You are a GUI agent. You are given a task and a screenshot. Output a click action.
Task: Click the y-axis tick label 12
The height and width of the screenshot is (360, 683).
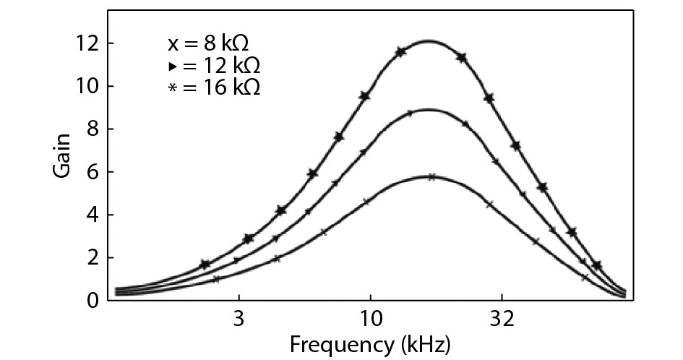pyautogui.click(x=90, y=43)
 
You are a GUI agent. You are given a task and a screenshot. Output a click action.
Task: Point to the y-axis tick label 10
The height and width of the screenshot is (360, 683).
pyautogui.click(x=90, y=86)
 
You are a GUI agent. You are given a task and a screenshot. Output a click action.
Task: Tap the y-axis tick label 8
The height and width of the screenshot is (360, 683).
pyautogui.click(x=95, y=129)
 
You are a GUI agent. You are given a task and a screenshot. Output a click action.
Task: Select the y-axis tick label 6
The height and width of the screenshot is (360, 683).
pyautogui.click(x=95, y=172)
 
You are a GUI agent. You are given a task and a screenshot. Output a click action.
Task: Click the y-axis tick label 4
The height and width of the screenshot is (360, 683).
pyautogui.click(x=95, y=215)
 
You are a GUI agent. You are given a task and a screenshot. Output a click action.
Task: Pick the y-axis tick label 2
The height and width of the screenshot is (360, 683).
pyautogui.click(x=95, y=257)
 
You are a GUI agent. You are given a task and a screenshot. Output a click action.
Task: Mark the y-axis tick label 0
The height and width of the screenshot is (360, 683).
pyautogui.click(x=95, y=300)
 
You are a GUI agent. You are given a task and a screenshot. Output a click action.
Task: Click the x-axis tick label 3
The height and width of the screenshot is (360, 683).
pyautogui.click(x=239, y=319)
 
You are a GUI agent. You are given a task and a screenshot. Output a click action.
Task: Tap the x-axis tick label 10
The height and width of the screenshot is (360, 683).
pyautogui.click(x=370, y=319)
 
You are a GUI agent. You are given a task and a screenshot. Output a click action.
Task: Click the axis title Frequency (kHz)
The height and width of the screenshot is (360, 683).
pyautogui.click(x=370, y=343)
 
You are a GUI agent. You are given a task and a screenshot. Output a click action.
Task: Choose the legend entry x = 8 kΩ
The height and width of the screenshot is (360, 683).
pyautogui.click(x=209, y=43)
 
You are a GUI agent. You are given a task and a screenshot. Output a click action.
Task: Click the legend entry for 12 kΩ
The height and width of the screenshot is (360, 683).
pyautogui.click(x=212, y=66)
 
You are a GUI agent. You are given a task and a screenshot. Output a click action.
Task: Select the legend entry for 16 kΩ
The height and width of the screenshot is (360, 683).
pyautogui.click(x=212, y=87)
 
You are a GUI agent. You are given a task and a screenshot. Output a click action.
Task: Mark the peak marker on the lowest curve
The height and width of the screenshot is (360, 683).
pyautogui.click(x=431, y=176)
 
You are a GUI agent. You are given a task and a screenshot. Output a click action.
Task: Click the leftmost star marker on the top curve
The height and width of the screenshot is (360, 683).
pyautogui.click(x=205, y=265)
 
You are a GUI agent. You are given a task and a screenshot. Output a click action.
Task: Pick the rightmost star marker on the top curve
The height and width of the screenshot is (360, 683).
pyautogui.click(x=596, y=266)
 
